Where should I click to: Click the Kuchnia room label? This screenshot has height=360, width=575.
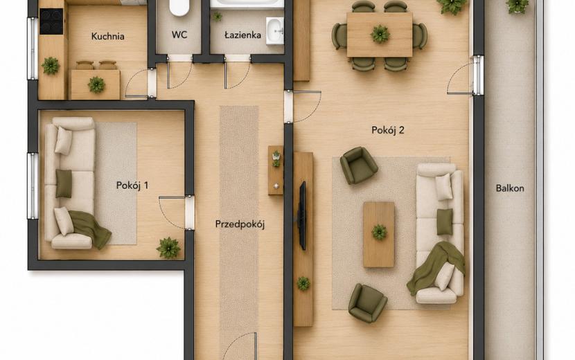pyautogui.click(x=108, y=36)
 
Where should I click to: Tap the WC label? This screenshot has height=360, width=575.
pyautogui.click(x=179, y=35)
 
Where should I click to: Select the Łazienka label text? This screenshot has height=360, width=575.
pyautogui.click(x=242, y=35)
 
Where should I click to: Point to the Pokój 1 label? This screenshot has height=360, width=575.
pyautogui.click(x=132, y=185)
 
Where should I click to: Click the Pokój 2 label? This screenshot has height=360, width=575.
pyautogui.click(x=388, y=130)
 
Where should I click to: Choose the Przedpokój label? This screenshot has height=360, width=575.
pyautogui.click(x=240, y=224)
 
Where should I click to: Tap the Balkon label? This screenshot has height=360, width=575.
pyautogui.click(x=510, y=188)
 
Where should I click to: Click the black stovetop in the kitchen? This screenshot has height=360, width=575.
pyautogui.click(x=51, y=21)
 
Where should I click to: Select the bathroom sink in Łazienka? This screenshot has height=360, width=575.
pyautogui.click(x=275, y=30)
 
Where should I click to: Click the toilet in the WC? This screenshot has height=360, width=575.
pyautogui.click(x=179, y=8)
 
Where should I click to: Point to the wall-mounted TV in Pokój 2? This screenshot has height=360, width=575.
pyautogui.click(x=302, y=215)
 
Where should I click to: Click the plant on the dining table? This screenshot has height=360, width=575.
pyautogui.click(x=380, y=34)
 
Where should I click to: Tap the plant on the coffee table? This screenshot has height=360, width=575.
pyautogui.click(x=379, y=232)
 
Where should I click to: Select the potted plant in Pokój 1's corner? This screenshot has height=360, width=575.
pyautogui.click(x=168, y=248)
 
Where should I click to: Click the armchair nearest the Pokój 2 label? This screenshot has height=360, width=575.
pyautogui.click(x=358, y=165)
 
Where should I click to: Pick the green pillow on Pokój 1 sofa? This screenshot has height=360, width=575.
pyautogui.click(x=64, y=183)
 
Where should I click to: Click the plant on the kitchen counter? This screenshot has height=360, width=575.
pyautogui.click(x=51, y=66)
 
